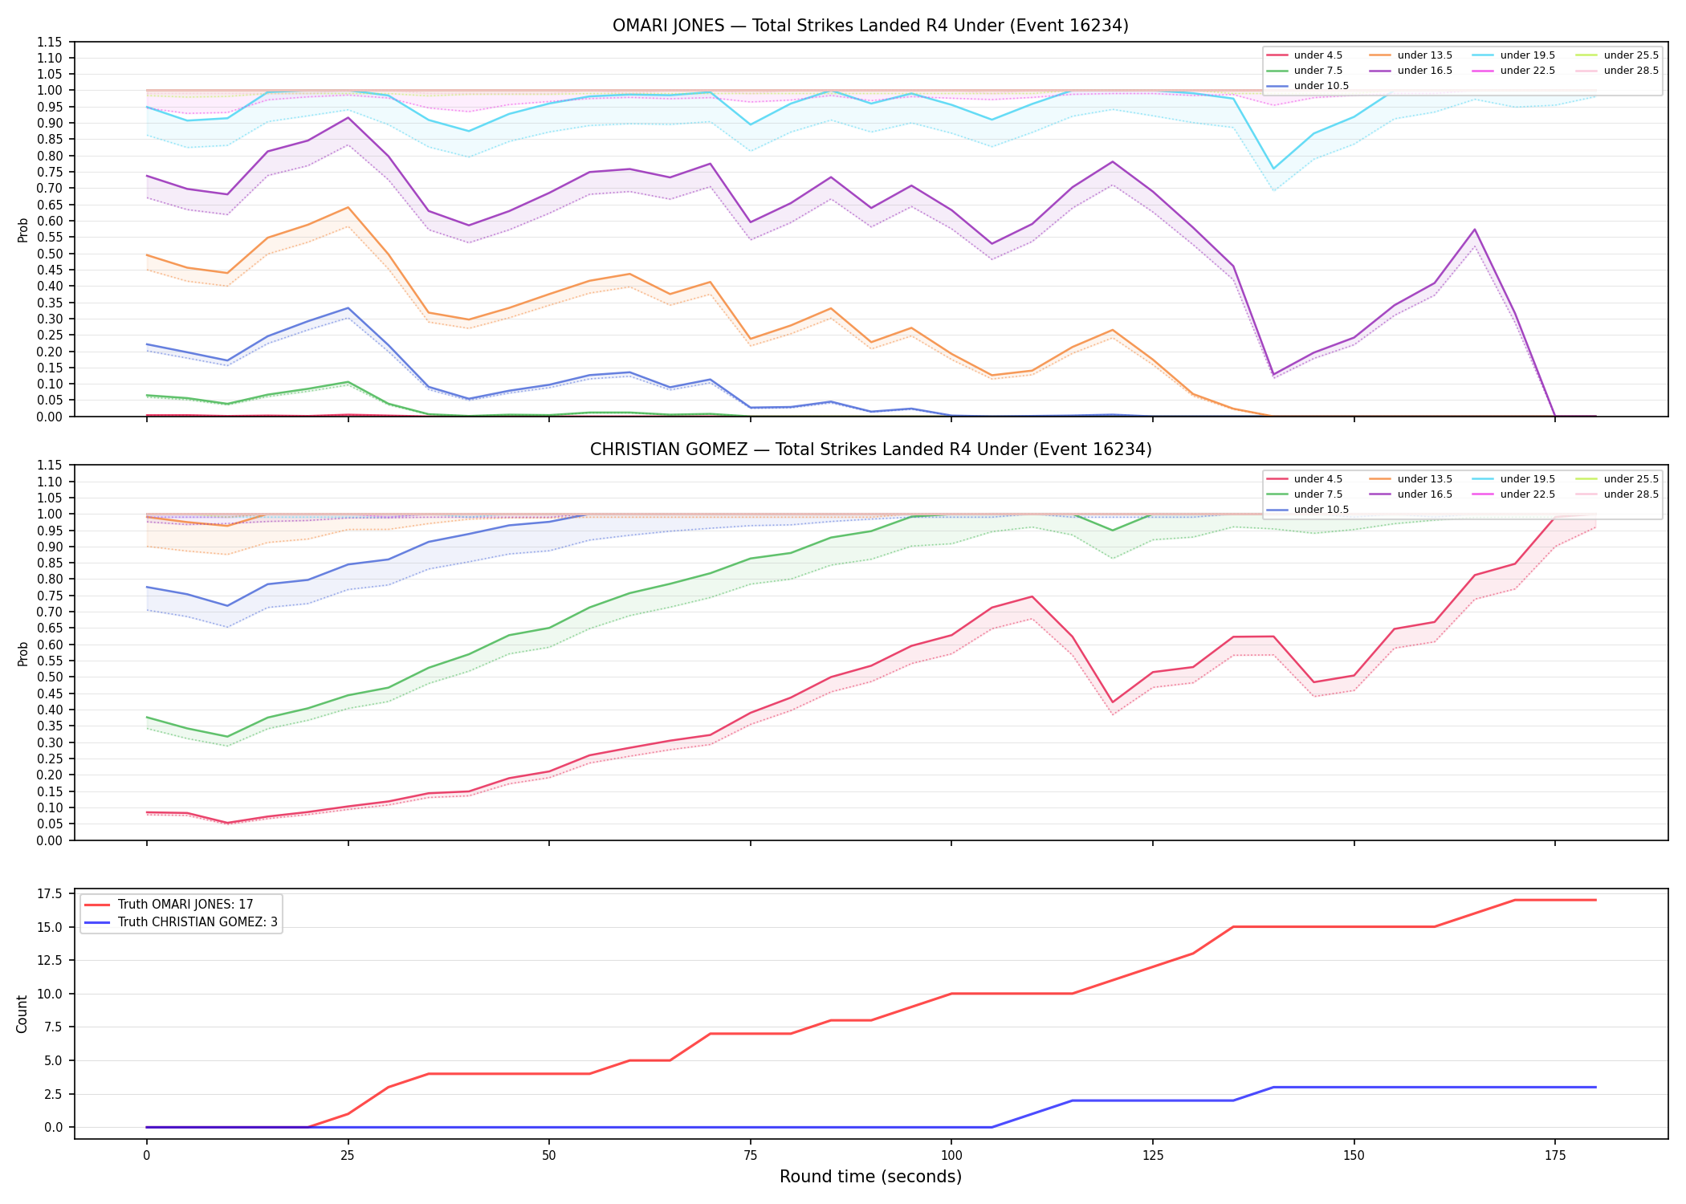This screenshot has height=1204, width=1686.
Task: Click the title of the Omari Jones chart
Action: [870, 26]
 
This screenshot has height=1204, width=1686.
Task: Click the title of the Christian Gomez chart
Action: [870, 449]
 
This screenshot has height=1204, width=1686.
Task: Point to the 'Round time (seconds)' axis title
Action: [870, 1177]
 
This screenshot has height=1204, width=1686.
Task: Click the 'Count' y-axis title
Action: [22, 1014]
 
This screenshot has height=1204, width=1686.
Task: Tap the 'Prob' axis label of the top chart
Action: [23, 230]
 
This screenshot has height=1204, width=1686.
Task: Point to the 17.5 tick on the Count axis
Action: [53, 893]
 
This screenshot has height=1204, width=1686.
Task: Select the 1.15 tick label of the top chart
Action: [53, 42]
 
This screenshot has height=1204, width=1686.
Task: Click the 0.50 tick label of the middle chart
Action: [53, 677]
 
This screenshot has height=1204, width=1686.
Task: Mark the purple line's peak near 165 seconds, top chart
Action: [1474, 230]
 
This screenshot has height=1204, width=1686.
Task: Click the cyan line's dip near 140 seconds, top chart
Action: [1273, 169]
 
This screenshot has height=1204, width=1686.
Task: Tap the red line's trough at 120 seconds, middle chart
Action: [1112, 702]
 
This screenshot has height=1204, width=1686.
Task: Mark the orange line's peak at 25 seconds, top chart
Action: [348, 207]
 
